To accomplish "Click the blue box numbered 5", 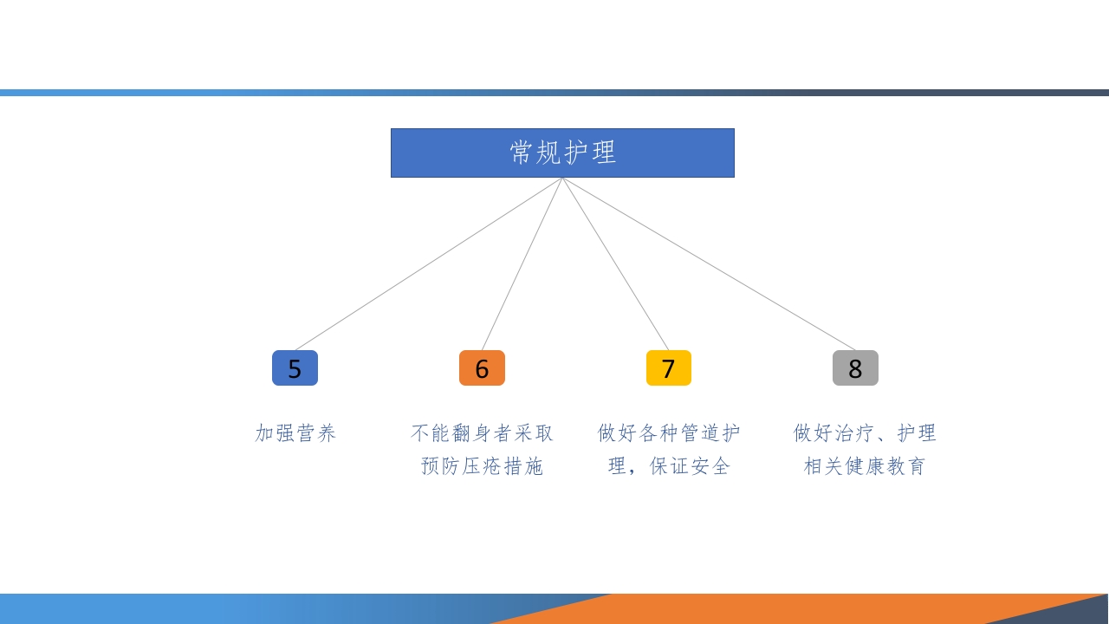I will pos(295,368).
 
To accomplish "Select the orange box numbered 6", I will pos(482,368).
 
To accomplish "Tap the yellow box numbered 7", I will pos(668,368).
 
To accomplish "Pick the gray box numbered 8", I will pos(855,368).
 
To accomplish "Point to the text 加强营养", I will pos(295,433).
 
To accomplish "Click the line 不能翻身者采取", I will pos(482,433).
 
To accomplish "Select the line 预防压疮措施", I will pos(482,466).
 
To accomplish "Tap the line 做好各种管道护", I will pos(669,433).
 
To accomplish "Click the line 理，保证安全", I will pos(669,466).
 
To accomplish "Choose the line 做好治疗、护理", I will pos(865,433).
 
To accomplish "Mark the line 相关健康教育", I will pos(865,466).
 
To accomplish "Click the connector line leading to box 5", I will pos(429,263).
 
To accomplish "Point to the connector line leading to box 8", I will pos(709,263).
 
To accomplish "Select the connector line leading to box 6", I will pos(522,263).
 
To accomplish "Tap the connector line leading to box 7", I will pos(615,263).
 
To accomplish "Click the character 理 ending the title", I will pos(604,153).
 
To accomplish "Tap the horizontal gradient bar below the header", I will pos(554,93).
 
